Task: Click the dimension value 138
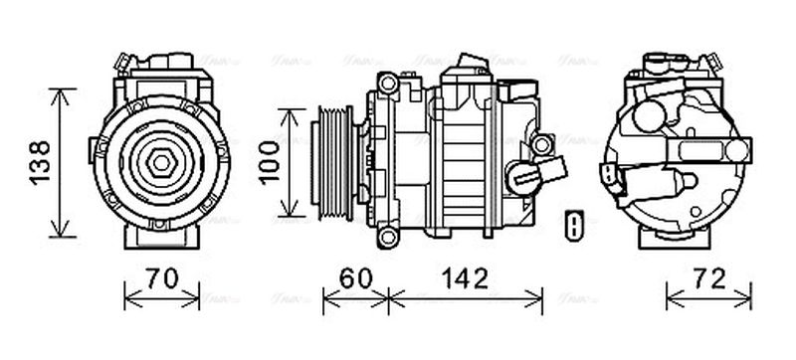(x=37, y=162)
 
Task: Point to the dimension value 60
(x=355, y=278)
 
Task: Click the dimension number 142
(x=464, y=278)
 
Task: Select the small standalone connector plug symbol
(x=573, y=226)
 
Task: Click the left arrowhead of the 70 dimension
(x=126, y=295)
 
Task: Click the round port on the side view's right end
(x=540, y=145)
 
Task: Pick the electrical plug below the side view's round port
(x=525, y=180)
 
